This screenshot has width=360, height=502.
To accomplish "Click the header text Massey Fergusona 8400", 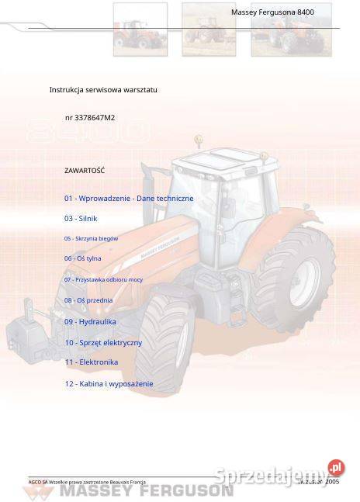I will coord(272,12).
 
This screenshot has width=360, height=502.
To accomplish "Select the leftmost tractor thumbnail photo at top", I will coord(140,29).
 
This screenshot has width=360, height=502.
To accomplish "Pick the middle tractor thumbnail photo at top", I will coord(209,29).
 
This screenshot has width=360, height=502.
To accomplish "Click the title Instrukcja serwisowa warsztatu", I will coord(103,90).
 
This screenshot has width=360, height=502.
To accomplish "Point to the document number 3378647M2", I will coord(90,118).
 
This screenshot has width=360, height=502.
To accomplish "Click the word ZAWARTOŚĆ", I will coord(85,170).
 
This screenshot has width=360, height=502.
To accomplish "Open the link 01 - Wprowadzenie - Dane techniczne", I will coord(129,199).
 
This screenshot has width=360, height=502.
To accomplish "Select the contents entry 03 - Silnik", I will coord(81,219).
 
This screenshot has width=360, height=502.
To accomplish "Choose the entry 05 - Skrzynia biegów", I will coord(91,239).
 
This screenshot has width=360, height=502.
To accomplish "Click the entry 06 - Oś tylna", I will coord(82,258).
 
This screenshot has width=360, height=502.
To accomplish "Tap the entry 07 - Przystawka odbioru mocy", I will coord(103,279).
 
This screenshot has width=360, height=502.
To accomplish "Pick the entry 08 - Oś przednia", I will coord(88,300).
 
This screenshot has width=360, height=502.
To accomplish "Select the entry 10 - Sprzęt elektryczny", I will coord(103,342).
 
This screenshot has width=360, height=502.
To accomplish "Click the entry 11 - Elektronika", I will coord(91,362).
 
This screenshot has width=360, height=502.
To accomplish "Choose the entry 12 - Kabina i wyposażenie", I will coord(109,383).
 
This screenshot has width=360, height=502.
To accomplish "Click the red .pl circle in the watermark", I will coord(336,467).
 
